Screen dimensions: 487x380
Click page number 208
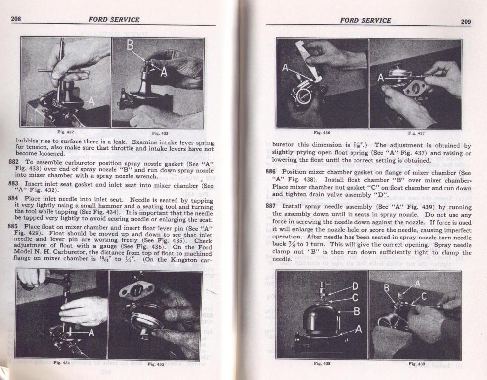[x=16, y=19]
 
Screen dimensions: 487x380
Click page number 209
[x=466, y=21]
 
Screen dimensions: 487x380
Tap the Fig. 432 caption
[x=65, y=132]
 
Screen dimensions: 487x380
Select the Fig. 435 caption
[x=156, y=364]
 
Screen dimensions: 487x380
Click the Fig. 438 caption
[x=322, y=363]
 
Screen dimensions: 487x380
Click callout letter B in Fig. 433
[x=130, y=46]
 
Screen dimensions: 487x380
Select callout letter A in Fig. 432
[x=91, y=101]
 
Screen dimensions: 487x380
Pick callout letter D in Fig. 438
[x=355, y=286]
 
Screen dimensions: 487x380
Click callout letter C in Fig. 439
[x=424, y=296]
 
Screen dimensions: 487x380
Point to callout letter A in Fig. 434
[x=91, y=333]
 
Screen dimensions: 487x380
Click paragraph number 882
[x=14, y=162]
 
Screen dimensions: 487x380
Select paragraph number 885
[x=13, y=226]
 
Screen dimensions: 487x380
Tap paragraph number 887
[x=271, y=206]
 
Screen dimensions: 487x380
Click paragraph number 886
[x=271, y=172]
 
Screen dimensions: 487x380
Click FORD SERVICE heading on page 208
[x=114, y=20]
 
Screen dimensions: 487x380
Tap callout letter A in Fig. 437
[x=381, y=77]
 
